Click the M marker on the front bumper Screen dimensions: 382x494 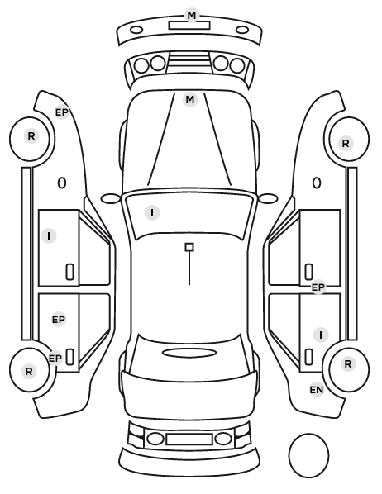pyautogui.click(x=192, y=15)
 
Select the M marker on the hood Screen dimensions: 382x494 pyautogui.click(x=190, y=100)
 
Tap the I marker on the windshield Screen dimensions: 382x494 pyautogui.click(x=152, y=212)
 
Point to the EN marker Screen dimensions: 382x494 pyautogui.click(x=317, y=390)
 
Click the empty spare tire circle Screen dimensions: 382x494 pyautogui.click(x=308, y=455)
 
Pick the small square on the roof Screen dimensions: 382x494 pyautogui.click(x=189, y=247)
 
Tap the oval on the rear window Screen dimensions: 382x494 pyautogui.click(x=189, y=353)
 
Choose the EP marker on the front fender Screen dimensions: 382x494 pyautogui.click(x=62, y=112)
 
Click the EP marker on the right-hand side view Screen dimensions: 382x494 pyautogui.click(x=318, y=287)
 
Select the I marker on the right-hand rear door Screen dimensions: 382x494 pyautogui.click(x=321, y=335)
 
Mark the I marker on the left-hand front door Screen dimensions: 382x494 pyautogui.click(x=49, y=235)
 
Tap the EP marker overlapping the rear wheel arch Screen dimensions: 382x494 pyautogui.click(x=55, y=359)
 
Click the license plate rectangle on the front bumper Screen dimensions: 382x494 pyautogui.click(x=189, y=26)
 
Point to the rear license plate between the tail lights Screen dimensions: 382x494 pyautogui.click(x=189, y=439)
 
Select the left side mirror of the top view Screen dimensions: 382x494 pyautogui.click(x=111, y=198)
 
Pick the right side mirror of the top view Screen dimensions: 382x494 pyautogui.click(x=268, y=198)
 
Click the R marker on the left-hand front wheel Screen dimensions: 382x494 pyautogui.click(x=31, y=136)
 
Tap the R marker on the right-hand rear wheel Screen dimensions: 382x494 pyautogui.click(x=347, y=363)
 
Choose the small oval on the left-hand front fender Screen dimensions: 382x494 pyautogui.click(x=62, y=183)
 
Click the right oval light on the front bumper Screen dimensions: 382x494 pyautogui.click(x=242, y=31)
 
